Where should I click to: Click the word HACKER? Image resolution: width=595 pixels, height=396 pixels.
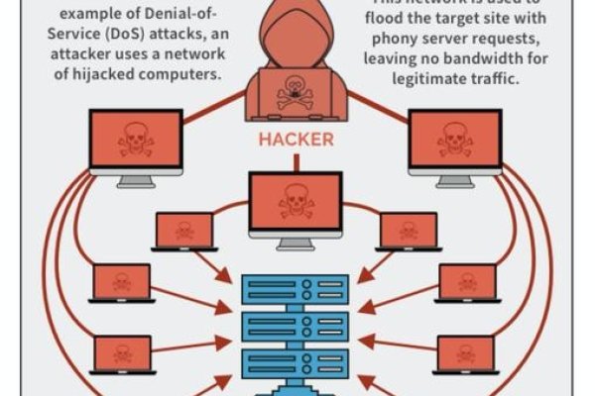(x=296, y=140)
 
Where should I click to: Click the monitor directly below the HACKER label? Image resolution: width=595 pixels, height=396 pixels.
(x=296, y=201)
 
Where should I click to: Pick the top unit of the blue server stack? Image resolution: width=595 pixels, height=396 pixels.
(x=297, y=289)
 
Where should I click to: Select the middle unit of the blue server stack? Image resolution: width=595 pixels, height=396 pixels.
(x=297, y=326)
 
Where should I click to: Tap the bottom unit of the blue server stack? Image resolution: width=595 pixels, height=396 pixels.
(x=297, y=362)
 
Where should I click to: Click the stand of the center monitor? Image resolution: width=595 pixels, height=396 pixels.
(x=296, y=242)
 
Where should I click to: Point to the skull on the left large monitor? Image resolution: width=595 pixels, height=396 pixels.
(x=135, y=140)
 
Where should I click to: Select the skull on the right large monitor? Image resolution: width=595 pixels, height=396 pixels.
(x=454, y=140)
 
